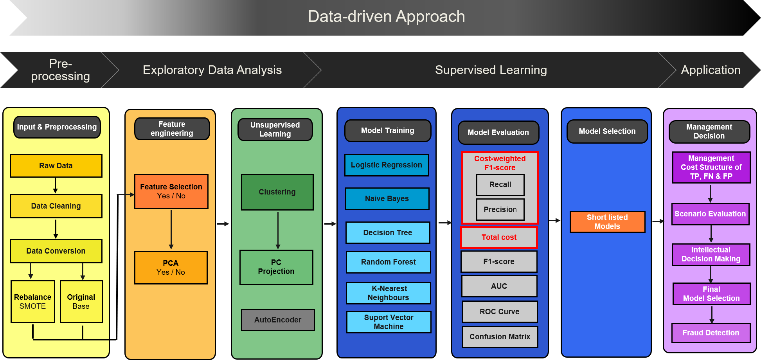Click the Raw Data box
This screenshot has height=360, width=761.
[x=56, y=166]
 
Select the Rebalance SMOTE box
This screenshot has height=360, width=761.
[x=33, y=302]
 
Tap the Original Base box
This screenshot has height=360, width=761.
[x=81, y=302]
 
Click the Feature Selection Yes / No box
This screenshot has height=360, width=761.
[x=171, y=191]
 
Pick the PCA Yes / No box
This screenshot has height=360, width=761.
[x=171, y=268]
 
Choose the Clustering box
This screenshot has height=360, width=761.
[x=277, y=192]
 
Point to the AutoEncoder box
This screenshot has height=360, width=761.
[x=278, y=320]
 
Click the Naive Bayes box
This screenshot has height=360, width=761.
[x=387, y=199]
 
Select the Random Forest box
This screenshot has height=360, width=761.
[x=389, y=262]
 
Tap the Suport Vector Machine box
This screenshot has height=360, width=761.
[x=389, y=322]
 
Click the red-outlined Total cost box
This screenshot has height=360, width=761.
[x=499, y=238]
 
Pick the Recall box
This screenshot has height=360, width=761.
[x=500, y=185]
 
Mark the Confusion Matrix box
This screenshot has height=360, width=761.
[x=500, y=337]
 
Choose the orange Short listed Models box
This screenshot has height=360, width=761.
[x=608, y=222]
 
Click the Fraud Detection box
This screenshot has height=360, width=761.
[x=711, y=333]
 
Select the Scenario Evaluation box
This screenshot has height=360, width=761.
[x=711, y=214]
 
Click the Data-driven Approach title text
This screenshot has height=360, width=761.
[x=387, y=16]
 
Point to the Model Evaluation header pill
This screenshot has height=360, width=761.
[x=498, y=133]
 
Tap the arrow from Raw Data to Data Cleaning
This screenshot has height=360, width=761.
[x=56, y=185]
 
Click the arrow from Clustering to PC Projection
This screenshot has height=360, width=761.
[x=278, y=230]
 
